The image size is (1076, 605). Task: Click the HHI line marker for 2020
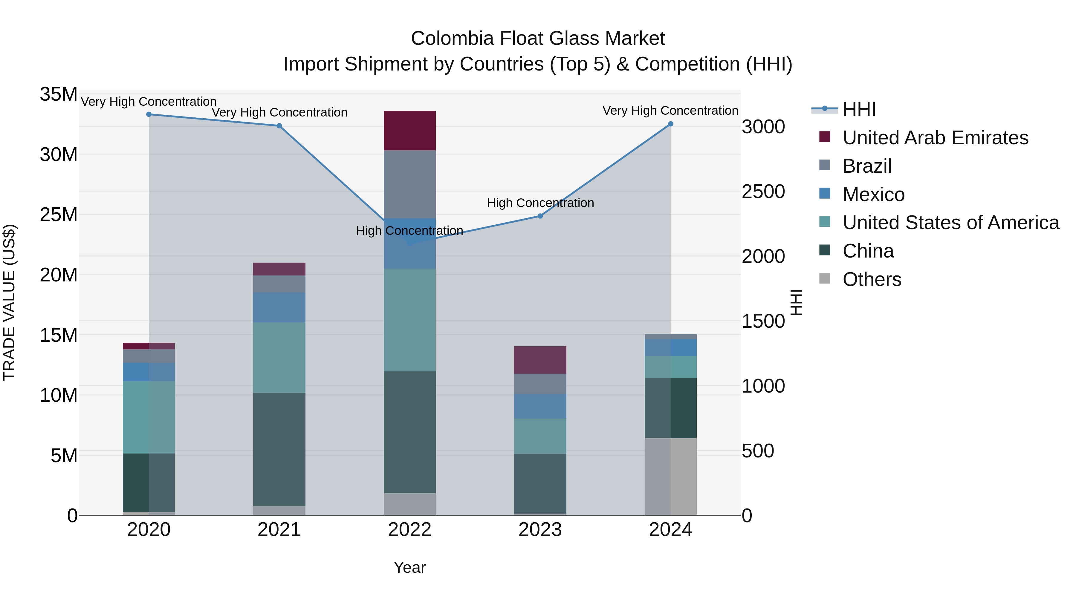[149, 114]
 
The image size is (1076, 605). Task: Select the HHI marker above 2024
[670, 124]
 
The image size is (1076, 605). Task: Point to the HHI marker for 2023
[540, 216]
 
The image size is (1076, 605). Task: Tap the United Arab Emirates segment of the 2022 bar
[409, 131]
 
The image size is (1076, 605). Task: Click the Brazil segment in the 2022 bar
[409, 184]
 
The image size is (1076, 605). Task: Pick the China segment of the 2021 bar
[279, 449]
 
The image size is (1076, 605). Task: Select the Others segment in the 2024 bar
[670, 477]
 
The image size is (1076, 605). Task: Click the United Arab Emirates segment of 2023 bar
[540, 360]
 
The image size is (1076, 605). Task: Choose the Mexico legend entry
[873, 194]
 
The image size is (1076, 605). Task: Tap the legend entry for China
[868, 251]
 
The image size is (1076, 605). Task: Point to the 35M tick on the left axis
[59, 94]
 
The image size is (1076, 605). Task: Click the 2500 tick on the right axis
[763, 192]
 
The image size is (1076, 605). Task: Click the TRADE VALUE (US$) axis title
[9, 302]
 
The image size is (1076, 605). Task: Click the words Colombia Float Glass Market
[538, 39]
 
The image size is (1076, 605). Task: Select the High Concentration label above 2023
[540, 203]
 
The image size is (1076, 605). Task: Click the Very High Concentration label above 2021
[279, 112]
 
